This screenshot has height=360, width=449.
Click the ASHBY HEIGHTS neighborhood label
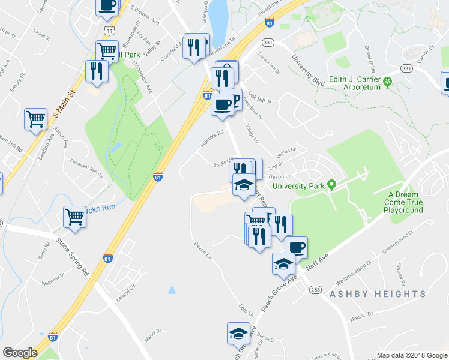click(377, 294)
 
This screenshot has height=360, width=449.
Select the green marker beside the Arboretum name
click(388, 82)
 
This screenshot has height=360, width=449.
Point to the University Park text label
click(298, 186)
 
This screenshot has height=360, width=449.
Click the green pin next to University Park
click(330, 185)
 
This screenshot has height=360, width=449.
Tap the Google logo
click(20, 353)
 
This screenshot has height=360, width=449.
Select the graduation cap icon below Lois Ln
click(238, 332)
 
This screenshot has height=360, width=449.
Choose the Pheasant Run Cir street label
click(87, 169)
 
